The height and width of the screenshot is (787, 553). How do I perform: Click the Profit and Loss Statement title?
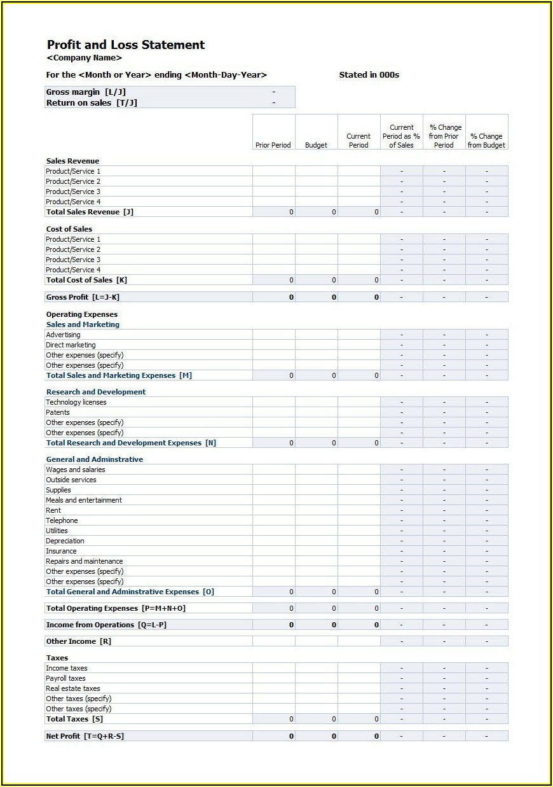(x=126, y=45)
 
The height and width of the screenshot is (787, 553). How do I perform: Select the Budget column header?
(x=316, y=145)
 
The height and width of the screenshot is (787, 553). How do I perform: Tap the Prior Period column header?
(x=273, y=145)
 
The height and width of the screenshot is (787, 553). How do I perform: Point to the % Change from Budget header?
(x=487, y=141)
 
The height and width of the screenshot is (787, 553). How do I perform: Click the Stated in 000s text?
(x=369, y=75)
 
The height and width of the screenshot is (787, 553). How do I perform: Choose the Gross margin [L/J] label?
(x=86, y=92)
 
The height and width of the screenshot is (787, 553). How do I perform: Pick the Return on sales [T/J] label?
(x=92, y=103)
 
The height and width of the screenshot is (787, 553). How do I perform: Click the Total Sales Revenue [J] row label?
(x=90, y=212)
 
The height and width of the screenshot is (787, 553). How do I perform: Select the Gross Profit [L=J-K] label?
(x=83, y=297)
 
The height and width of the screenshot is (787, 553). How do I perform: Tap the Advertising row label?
(x=63, y=335)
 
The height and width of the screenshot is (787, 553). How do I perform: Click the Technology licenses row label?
(x=76, y=402)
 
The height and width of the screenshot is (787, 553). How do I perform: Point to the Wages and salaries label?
(x=76, y=470)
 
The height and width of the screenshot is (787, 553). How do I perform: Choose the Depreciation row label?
(x=65, y=541)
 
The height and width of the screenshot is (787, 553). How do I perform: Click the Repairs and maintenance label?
(x=85, y=561)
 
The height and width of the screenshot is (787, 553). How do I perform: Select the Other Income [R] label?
(x=79, y=641)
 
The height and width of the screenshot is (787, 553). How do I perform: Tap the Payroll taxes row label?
(x=65, y=678)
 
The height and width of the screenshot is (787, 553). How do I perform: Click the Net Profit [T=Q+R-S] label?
(x=85, y=736)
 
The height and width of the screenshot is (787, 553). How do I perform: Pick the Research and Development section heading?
(x=96, y=392)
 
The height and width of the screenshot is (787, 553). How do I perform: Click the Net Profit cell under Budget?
(x=317, y=736)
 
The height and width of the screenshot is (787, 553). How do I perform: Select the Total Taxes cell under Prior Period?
(x=274, y=719)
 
